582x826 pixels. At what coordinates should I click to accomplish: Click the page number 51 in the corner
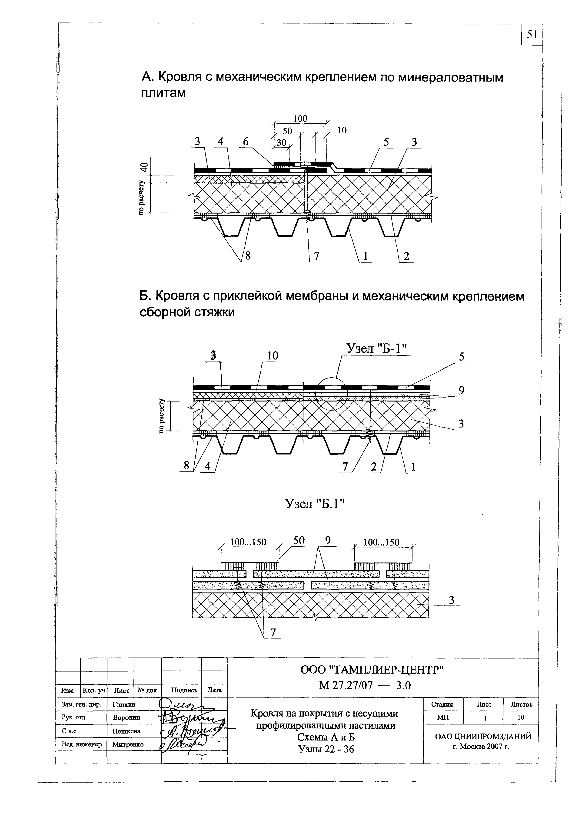[532, 35]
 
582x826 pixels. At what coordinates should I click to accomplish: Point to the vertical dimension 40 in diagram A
[144, 167]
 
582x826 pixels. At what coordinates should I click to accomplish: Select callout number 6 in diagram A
[246, 142]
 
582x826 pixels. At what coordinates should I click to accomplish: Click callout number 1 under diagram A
[366, 256]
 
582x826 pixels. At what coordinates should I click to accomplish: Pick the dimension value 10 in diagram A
[342, 130]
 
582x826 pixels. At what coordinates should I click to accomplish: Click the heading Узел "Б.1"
[315, 504]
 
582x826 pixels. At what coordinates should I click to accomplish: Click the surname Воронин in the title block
[126, 717]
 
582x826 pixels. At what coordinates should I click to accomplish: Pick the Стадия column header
[442, 705]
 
